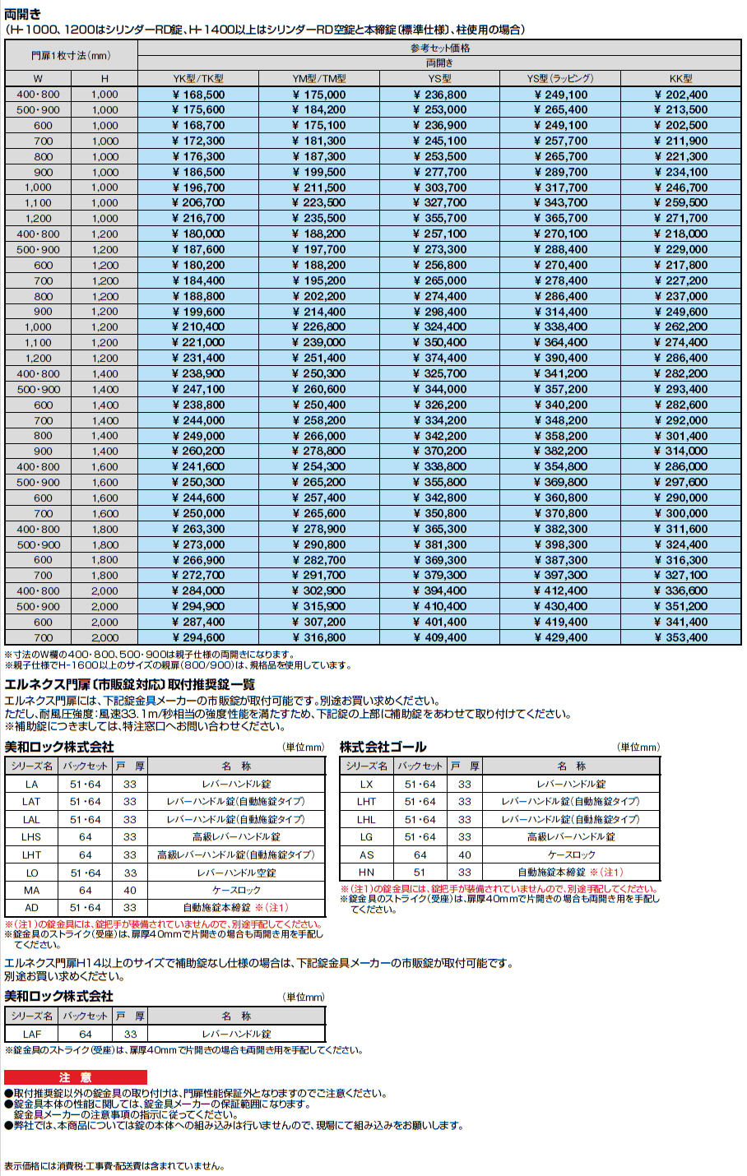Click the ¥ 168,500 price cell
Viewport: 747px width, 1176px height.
[198, 95]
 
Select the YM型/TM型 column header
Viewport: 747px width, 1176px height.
[319, 79]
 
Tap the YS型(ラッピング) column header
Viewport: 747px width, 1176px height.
[560, 79]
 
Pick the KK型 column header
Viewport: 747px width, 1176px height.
[681, 79]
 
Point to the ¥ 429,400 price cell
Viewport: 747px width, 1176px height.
[560, 637]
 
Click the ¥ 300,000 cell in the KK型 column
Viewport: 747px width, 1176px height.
[681, 513]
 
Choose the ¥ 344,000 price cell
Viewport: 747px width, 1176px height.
[440, 389]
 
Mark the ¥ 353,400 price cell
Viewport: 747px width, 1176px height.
[681, 637]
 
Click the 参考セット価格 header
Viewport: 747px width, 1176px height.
[440, 49]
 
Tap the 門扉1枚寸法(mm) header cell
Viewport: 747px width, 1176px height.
[71, 56]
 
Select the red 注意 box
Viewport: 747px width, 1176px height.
[76, 1077]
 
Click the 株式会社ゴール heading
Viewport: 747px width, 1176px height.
[383, 748]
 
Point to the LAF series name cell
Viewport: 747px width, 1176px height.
[32, 1034]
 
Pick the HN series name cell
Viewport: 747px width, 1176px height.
[367, 873]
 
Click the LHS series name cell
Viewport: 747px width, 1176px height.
[32, 837]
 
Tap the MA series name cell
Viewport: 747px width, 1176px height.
[32, 891]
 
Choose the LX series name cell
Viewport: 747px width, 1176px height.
[367, 784]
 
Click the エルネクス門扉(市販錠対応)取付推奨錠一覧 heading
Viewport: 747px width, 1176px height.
[130, 685]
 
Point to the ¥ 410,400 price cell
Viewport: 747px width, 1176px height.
[440, 606]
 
